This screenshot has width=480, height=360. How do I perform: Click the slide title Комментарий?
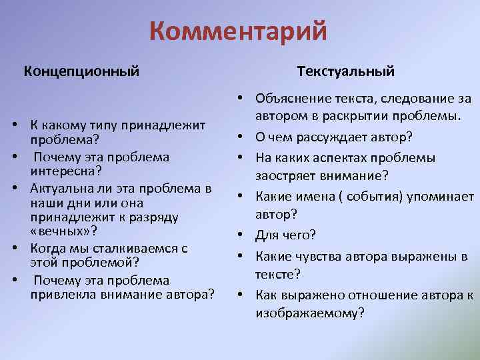point(239,31)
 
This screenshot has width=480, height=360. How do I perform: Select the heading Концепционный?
point(82,70)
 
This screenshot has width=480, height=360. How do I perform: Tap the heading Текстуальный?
point(346,70)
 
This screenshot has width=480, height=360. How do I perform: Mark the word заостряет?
point(284,175)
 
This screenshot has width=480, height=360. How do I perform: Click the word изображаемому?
point(307,312)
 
